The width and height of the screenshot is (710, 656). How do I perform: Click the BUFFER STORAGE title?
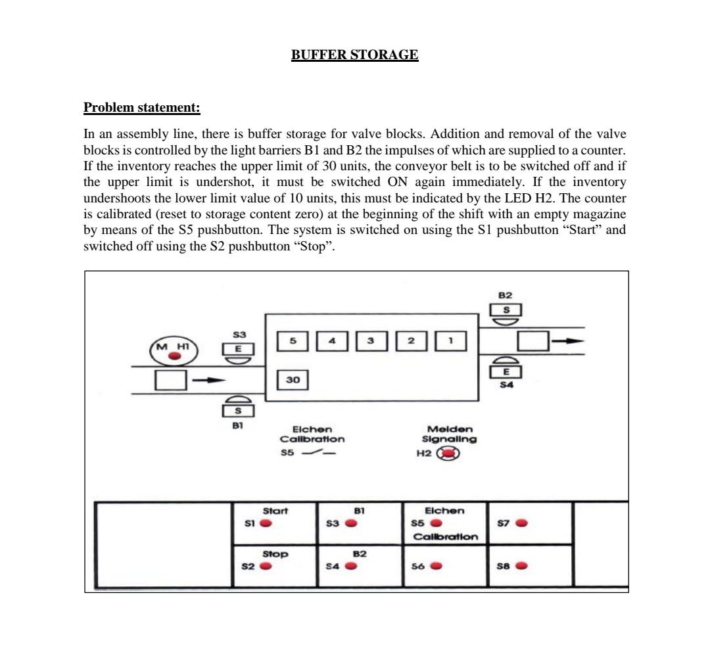(354, 55)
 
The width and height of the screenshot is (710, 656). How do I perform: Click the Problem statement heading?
(142, 107)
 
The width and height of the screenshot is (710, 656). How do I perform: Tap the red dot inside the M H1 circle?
(174, 356)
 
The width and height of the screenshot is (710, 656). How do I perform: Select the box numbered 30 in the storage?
(293, 380)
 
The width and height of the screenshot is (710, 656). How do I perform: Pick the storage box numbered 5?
(293, 341)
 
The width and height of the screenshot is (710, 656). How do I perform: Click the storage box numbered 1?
(451, 341)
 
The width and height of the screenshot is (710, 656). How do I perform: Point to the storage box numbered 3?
(371, 341)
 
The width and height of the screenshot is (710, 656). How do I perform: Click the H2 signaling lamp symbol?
(450, 454)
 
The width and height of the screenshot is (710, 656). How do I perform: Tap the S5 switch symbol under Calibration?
(314, 454)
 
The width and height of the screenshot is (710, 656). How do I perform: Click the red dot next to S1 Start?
(266, 523)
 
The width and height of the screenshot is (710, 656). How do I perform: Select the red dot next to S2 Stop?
(266, 566)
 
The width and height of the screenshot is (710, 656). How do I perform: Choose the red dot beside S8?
(521, 566)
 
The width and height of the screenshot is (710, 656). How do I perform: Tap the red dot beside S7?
(521, 523)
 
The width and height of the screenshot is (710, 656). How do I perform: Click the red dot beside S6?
(436, 566)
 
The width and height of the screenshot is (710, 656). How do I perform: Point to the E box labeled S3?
(237, 350)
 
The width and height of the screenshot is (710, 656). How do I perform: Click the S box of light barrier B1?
(238, 411)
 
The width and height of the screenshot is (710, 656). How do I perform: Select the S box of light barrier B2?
(506, 310)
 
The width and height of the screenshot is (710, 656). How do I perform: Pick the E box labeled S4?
(506, 372)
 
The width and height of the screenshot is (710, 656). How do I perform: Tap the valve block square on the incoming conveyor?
(171, 380)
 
